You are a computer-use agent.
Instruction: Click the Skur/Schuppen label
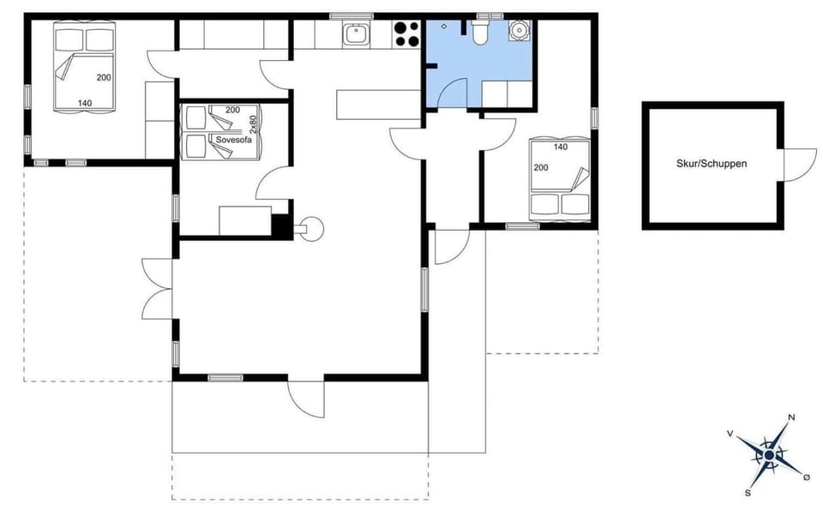pyautogui.click(x=712, y=162)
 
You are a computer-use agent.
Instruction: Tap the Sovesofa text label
pyautogui.click(x=234, y=140)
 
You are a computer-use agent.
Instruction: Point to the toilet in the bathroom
pyautogui.click(x=480, y=33)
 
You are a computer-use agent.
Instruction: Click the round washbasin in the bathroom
pyautogui.click(x=518, y=32)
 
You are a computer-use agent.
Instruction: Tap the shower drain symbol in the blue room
pyautogui.click(x=444, y=27)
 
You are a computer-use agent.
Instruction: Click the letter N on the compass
pyautogui.click(x=791, y=417)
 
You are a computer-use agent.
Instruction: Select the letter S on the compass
pyautogui.click(x=748, y=493)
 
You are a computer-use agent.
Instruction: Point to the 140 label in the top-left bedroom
pyautogui.click(x=85, y=103)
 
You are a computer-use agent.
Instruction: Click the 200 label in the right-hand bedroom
pyautogui.click(x=540, y=168)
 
